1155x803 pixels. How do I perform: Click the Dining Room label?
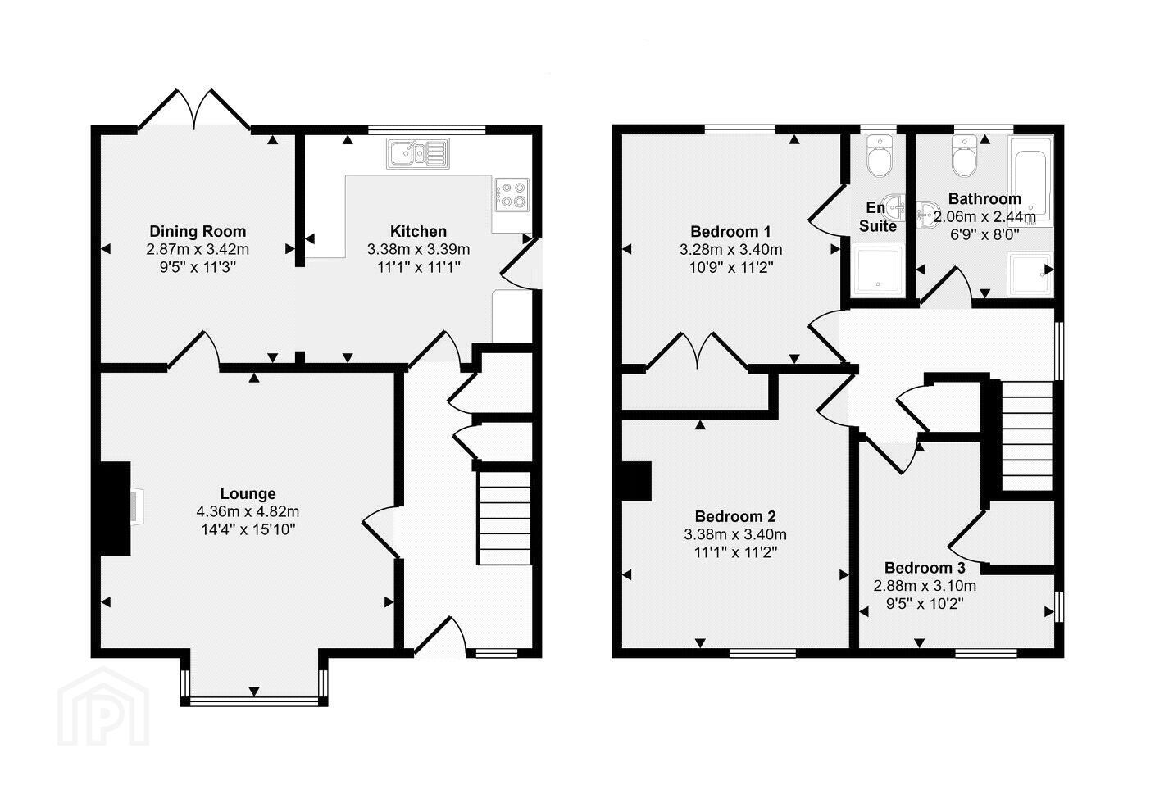pyautogui.click(x=198, y=231)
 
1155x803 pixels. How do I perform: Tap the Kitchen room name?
pyautogui.click(x=418, y=231)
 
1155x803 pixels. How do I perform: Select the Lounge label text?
pyautogui.click(x=248, y=494)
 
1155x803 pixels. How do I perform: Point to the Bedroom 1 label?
pyautogui.click(x=730, y=231)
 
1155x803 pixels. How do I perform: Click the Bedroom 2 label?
pyautogui.click(x=735, y=516)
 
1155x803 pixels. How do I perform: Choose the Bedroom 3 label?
pyautogui.click(x=925, y=568)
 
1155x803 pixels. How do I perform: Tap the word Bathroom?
pyautogui.click(x=984, y=198)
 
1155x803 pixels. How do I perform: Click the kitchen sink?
pyautogui.click(x=418, y=153)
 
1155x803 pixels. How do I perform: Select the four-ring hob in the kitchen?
pyautogui.click(x=512, y=194)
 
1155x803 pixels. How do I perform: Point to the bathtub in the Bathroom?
pyautogui.click(x=1030, y=181)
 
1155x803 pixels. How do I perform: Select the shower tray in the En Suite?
pyautogui.click(x=879, y=271)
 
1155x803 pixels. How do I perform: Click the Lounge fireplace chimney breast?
pyautogui.click(x=115, y=508)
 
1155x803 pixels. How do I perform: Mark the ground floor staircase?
pyautogui.click(x=505, y=518)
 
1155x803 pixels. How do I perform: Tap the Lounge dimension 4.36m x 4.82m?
pyautogui.click(x=248, y=512)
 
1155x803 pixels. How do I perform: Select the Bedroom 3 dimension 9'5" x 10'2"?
pyautogui.click(x=925, y=604)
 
